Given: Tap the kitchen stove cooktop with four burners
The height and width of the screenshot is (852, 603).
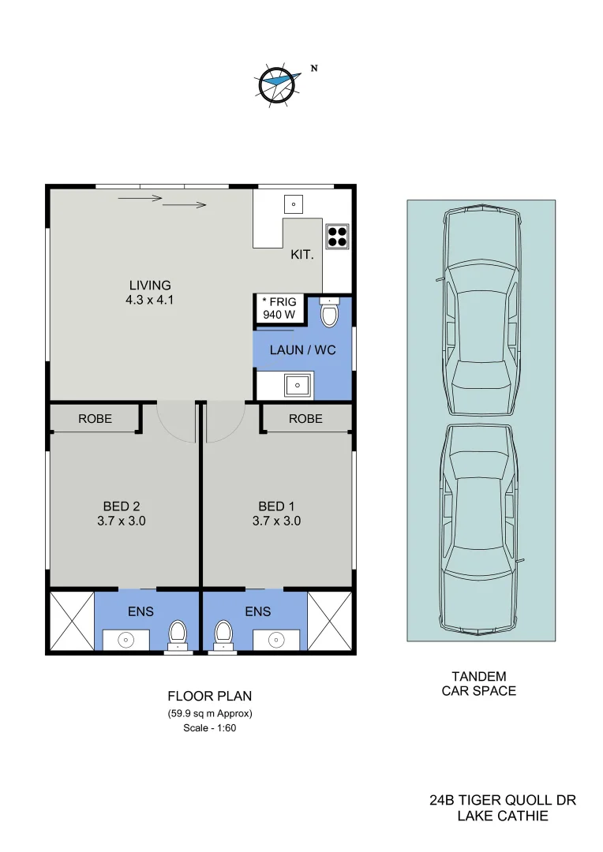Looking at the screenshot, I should (x=337, y=235).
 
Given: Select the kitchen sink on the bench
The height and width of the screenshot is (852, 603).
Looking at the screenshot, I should (x=293, y=204).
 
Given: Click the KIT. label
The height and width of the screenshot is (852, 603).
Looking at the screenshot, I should (x=302, y=255).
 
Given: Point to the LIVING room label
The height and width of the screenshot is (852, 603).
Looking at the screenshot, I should (x=150, y=285).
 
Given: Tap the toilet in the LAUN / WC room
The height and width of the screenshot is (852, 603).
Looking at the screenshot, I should (x=329, y=313).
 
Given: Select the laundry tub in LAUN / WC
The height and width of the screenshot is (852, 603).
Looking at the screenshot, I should (x=298, y=385).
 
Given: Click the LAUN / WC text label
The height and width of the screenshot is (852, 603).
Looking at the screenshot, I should (x=302, y=349).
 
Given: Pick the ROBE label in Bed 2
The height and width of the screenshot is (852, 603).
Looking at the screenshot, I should (x=95, y=419).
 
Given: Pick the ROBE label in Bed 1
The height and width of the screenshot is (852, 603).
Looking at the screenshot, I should (x=305, y=419).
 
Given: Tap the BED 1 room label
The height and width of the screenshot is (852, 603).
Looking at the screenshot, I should (x=276, y=506).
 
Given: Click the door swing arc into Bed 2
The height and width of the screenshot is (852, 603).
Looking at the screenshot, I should (x=175, y=422).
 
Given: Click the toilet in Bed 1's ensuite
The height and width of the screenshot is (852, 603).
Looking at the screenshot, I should (x=224, y=633).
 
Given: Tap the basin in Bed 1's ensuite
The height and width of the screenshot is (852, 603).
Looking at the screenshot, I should (x=275, y=639).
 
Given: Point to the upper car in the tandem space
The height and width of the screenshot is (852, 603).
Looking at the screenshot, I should (x=481, y=312).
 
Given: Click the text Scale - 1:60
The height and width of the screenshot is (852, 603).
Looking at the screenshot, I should (x=210, y=728).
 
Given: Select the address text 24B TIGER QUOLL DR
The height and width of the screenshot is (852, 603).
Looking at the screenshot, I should (x=503, y=800).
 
